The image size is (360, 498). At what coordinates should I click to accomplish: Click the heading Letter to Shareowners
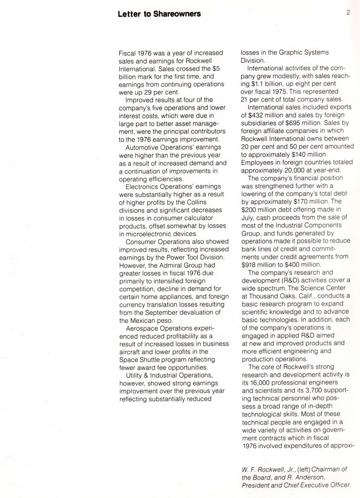(x=159, y=14)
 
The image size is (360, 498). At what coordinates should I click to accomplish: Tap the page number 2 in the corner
(x=348, y=13)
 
